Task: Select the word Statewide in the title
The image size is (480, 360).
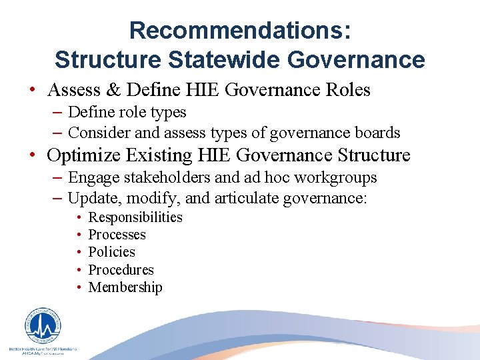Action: click(x=224, y=59)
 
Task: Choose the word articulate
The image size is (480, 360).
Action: click(x=246, y=198)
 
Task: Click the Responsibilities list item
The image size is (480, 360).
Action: click(x=135, y=217)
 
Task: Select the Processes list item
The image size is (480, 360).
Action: click(x=117, y=235)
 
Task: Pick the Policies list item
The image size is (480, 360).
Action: click(x=111, y=252)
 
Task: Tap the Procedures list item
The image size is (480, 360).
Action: click(x=121, y=270)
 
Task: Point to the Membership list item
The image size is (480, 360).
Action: click(x=125, y=287)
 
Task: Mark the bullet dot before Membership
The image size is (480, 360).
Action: click(x=79, y=288)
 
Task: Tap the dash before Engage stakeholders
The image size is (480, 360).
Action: click(x=58, y=178)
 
